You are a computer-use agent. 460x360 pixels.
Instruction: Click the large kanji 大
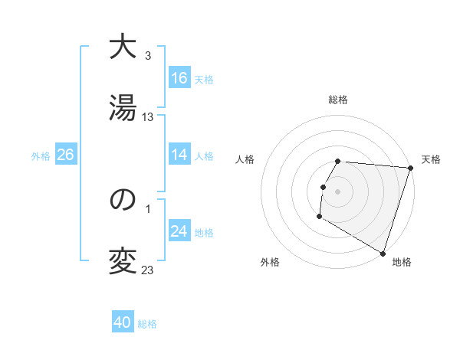click(x=123, y=47)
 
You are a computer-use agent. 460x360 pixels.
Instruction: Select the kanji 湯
click(x=123, y=109)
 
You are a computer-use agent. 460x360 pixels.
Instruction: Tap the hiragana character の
click(x=123, y=201)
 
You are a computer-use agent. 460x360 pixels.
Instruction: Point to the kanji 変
click(x=123, y=262)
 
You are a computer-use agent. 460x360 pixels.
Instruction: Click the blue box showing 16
click(x=179, y=78)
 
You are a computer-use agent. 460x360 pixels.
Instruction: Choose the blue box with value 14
click(x=179, y=155)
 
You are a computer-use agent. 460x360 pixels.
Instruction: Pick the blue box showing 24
click(x=179, y=231)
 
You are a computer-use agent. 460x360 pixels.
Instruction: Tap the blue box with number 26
click(x=65, y=155)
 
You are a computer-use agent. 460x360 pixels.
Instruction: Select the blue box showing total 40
click(x=123, y=322)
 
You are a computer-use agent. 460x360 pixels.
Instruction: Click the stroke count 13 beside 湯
click(x=148, y=117)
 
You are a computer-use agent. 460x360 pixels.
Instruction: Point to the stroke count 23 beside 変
click(x=148, y=270)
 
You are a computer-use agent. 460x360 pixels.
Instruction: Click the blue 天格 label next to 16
click(x=204, y=80)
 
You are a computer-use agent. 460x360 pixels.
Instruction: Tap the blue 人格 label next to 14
click(x=204, y=156)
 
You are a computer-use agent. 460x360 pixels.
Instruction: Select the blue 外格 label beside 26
click(x=41, y=156)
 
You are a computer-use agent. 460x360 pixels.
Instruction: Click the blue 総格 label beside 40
click(x=147, y=324)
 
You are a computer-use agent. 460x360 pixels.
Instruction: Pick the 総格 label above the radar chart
click(x=338, y=100)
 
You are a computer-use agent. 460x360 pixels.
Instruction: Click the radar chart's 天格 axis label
click(x=432, y=159)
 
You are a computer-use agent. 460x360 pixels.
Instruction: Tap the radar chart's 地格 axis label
click(x=402, y=263)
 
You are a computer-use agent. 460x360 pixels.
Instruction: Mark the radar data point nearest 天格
click(x=410, y=168)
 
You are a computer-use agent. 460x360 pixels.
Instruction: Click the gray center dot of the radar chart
click(x=338, y=191)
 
